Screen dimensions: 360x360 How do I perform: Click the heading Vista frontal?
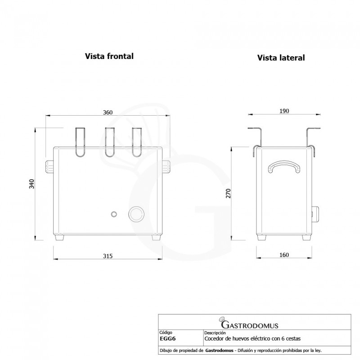pos(109,57)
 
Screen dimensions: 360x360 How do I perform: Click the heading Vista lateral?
pos(281,58)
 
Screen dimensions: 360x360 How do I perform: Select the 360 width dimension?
pos(108,112)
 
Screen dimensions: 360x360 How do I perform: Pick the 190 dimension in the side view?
pos(283,111)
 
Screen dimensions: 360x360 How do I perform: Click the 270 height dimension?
pos(228,193)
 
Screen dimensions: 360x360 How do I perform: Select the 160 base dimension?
pos(283,255)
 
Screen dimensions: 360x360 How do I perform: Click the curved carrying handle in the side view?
pos(283,167)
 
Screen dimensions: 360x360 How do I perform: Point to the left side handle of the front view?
pos(49,166)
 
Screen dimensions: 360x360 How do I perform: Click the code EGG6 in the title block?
pos(167,338)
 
